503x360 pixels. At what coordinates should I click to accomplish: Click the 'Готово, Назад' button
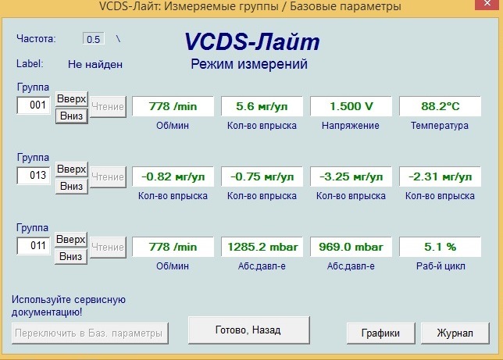click(249, 330)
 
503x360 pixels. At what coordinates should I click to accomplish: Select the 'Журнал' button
click(455, 333)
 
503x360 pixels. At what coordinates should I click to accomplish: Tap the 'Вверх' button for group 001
click(72, 99)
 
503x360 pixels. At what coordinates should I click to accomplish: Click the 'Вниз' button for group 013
click(72, 186)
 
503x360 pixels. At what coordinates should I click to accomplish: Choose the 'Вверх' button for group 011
click(71, 240)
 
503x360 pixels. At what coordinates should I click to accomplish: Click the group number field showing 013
click(34, 175)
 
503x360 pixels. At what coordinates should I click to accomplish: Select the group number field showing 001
click(34, 105)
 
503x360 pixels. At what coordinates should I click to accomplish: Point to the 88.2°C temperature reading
click(441, 106)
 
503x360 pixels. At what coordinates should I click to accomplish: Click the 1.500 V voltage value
click(351, 106)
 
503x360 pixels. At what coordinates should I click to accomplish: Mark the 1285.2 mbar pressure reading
click(262, 247)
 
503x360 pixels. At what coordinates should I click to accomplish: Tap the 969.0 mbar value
click(351, 247)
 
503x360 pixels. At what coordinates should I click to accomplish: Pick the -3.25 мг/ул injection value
click(351, 176)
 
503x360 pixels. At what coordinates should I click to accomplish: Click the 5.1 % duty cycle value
click(441, 247)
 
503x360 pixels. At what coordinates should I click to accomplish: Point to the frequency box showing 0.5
click(94, 39)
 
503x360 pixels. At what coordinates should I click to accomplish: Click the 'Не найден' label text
click(95, 64)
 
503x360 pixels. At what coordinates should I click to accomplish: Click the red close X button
click(487, 4)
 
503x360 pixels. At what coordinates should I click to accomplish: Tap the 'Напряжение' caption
click(351, 126)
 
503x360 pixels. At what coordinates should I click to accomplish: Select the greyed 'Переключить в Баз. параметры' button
click(90, 333)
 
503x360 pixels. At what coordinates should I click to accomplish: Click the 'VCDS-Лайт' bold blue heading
click(252, 41)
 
